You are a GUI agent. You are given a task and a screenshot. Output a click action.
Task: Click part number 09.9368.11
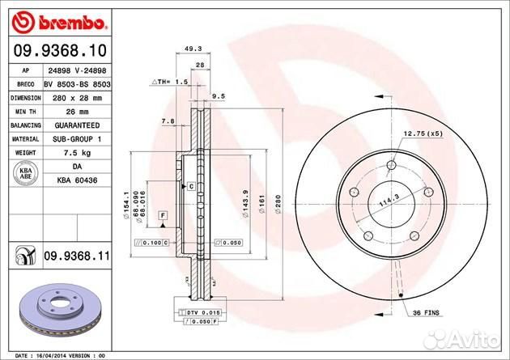74,256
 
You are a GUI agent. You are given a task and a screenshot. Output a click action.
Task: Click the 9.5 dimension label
218,96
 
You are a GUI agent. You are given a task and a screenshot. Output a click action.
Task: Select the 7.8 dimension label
168,121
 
